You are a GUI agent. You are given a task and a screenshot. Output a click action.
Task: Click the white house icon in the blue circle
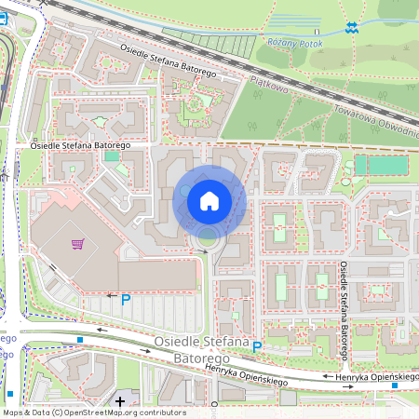coord(209,200)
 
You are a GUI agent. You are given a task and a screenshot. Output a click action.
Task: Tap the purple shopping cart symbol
coord(78,244)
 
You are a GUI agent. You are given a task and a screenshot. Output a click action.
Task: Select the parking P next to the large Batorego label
coord(258,347)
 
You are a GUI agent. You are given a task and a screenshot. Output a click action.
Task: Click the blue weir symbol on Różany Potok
coord(350,28)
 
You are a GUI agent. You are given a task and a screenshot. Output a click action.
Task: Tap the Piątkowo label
coord(270,87)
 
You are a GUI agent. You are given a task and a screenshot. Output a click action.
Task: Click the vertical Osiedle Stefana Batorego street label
coord(344,311)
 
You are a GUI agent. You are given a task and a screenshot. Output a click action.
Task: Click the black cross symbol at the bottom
coord(120,401)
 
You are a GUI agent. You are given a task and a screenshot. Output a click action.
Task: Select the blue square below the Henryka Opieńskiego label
coord(395,385)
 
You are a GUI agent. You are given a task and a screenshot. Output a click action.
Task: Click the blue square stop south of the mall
coord(81,340)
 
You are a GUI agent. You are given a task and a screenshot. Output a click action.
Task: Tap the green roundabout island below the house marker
coord(206,244)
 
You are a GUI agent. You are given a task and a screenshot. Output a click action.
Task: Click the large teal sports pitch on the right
coord(382,165)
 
